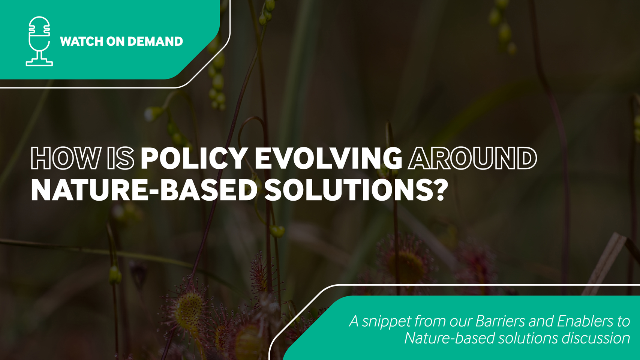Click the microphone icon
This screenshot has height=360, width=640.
click(x=39, y=41)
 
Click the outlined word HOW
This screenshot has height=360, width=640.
click(x=66, y=158)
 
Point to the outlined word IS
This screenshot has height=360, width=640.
click(x=121, y=158)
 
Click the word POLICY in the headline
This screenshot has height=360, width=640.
click(x=194, y=158)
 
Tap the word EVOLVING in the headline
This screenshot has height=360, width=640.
click(x=328, y=158)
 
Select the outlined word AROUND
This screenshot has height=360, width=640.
click(x=472, y=158)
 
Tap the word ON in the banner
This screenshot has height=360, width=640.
click(x=115, y=41)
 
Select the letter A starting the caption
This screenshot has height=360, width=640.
click(x=354, y=321)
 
